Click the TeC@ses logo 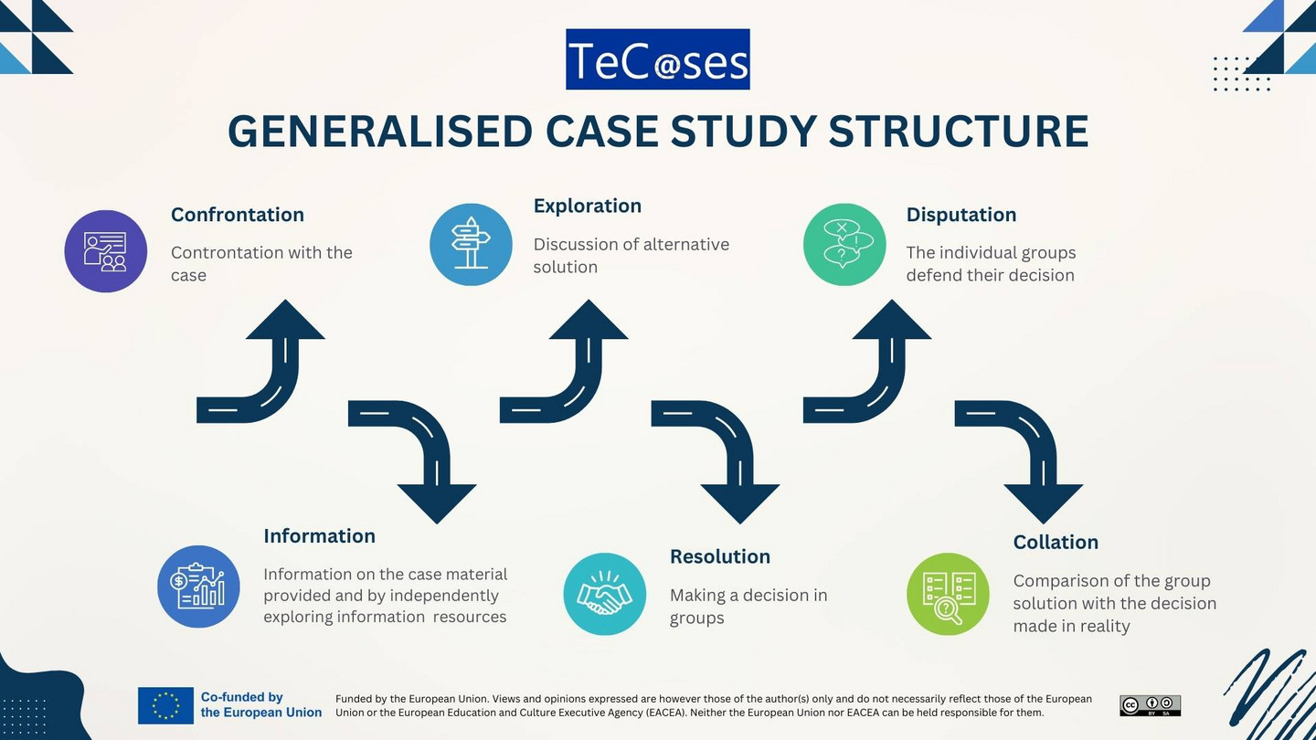click(657, 59)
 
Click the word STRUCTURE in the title click(958, 131)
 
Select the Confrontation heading click(238, 215)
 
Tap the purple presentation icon click(106, 251)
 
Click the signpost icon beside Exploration click(471, 244)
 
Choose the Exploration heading click(588, 206)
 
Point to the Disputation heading click(961, 215)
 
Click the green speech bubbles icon click(844, 244)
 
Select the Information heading click(319, 536)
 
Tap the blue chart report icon click(198, 587)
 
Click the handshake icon click(605, 594)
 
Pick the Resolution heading click(720, 556)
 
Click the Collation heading click(1056, 542)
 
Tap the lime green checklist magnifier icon click(948, 594)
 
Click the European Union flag click(165, 705)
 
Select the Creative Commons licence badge click(1151, 705)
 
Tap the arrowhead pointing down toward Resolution click(740, 502)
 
